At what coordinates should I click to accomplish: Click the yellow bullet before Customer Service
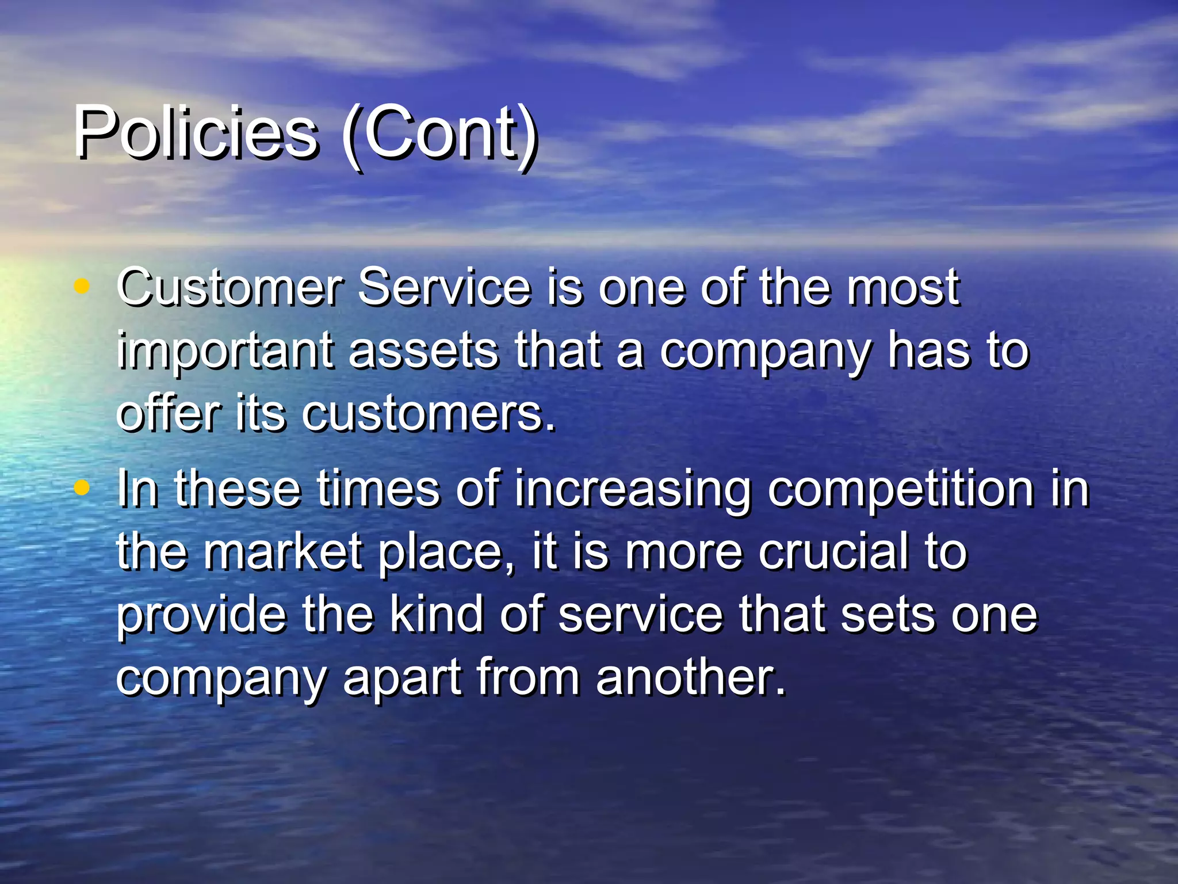[82, 285]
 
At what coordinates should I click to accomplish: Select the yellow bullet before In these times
[82, 488]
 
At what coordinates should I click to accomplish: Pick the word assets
[423, 351]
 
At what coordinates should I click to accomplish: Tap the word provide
[201, 616]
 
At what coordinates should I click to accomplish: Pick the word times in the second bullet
[378, 489]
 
